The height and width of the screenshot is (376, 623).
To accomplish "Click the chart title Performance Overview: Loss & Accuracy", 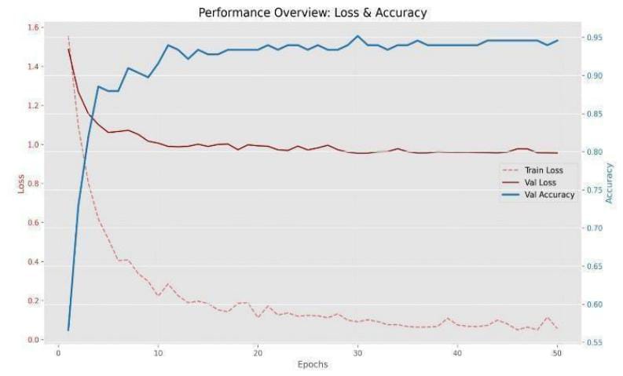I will (x=312, y=13).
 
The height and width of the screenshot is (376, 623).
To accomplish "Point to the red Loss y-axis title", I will (x=21, y=184).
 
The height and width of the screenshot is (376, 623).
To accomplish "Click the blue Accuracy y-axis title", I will (x=609, y=184).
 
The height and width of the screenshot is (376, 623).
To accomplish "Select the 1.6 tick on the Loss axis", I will (x=32, y=28).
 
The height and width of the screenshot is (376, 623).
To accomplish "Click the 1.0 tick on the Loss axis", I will (x=32, y=145).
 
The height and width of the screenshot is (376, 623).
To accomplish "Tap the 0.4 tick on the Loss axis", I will (x=32, y=262).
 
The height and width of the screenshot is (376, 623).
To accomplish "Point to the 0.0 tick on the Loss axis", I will (x=32, y=340).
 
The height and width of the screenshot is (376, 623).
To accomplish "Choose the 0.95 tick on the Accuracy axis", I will (x=593, y=38).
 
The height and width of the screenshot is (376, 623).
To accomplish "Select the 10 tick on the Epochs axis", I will (x=158, y=353).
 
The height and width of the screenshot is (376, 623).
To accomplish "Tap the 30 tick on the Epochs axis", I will (x=357, y=353).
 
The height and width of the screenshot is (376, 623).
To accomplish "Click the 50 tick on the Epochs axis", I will (x=557, y=353).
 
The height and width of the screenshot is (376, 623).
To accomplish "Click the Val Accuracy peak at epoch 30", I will (x=357, y=35).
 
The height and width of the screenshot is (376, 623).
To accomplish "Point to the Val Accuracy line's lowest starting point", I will (x=68, y=330).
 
